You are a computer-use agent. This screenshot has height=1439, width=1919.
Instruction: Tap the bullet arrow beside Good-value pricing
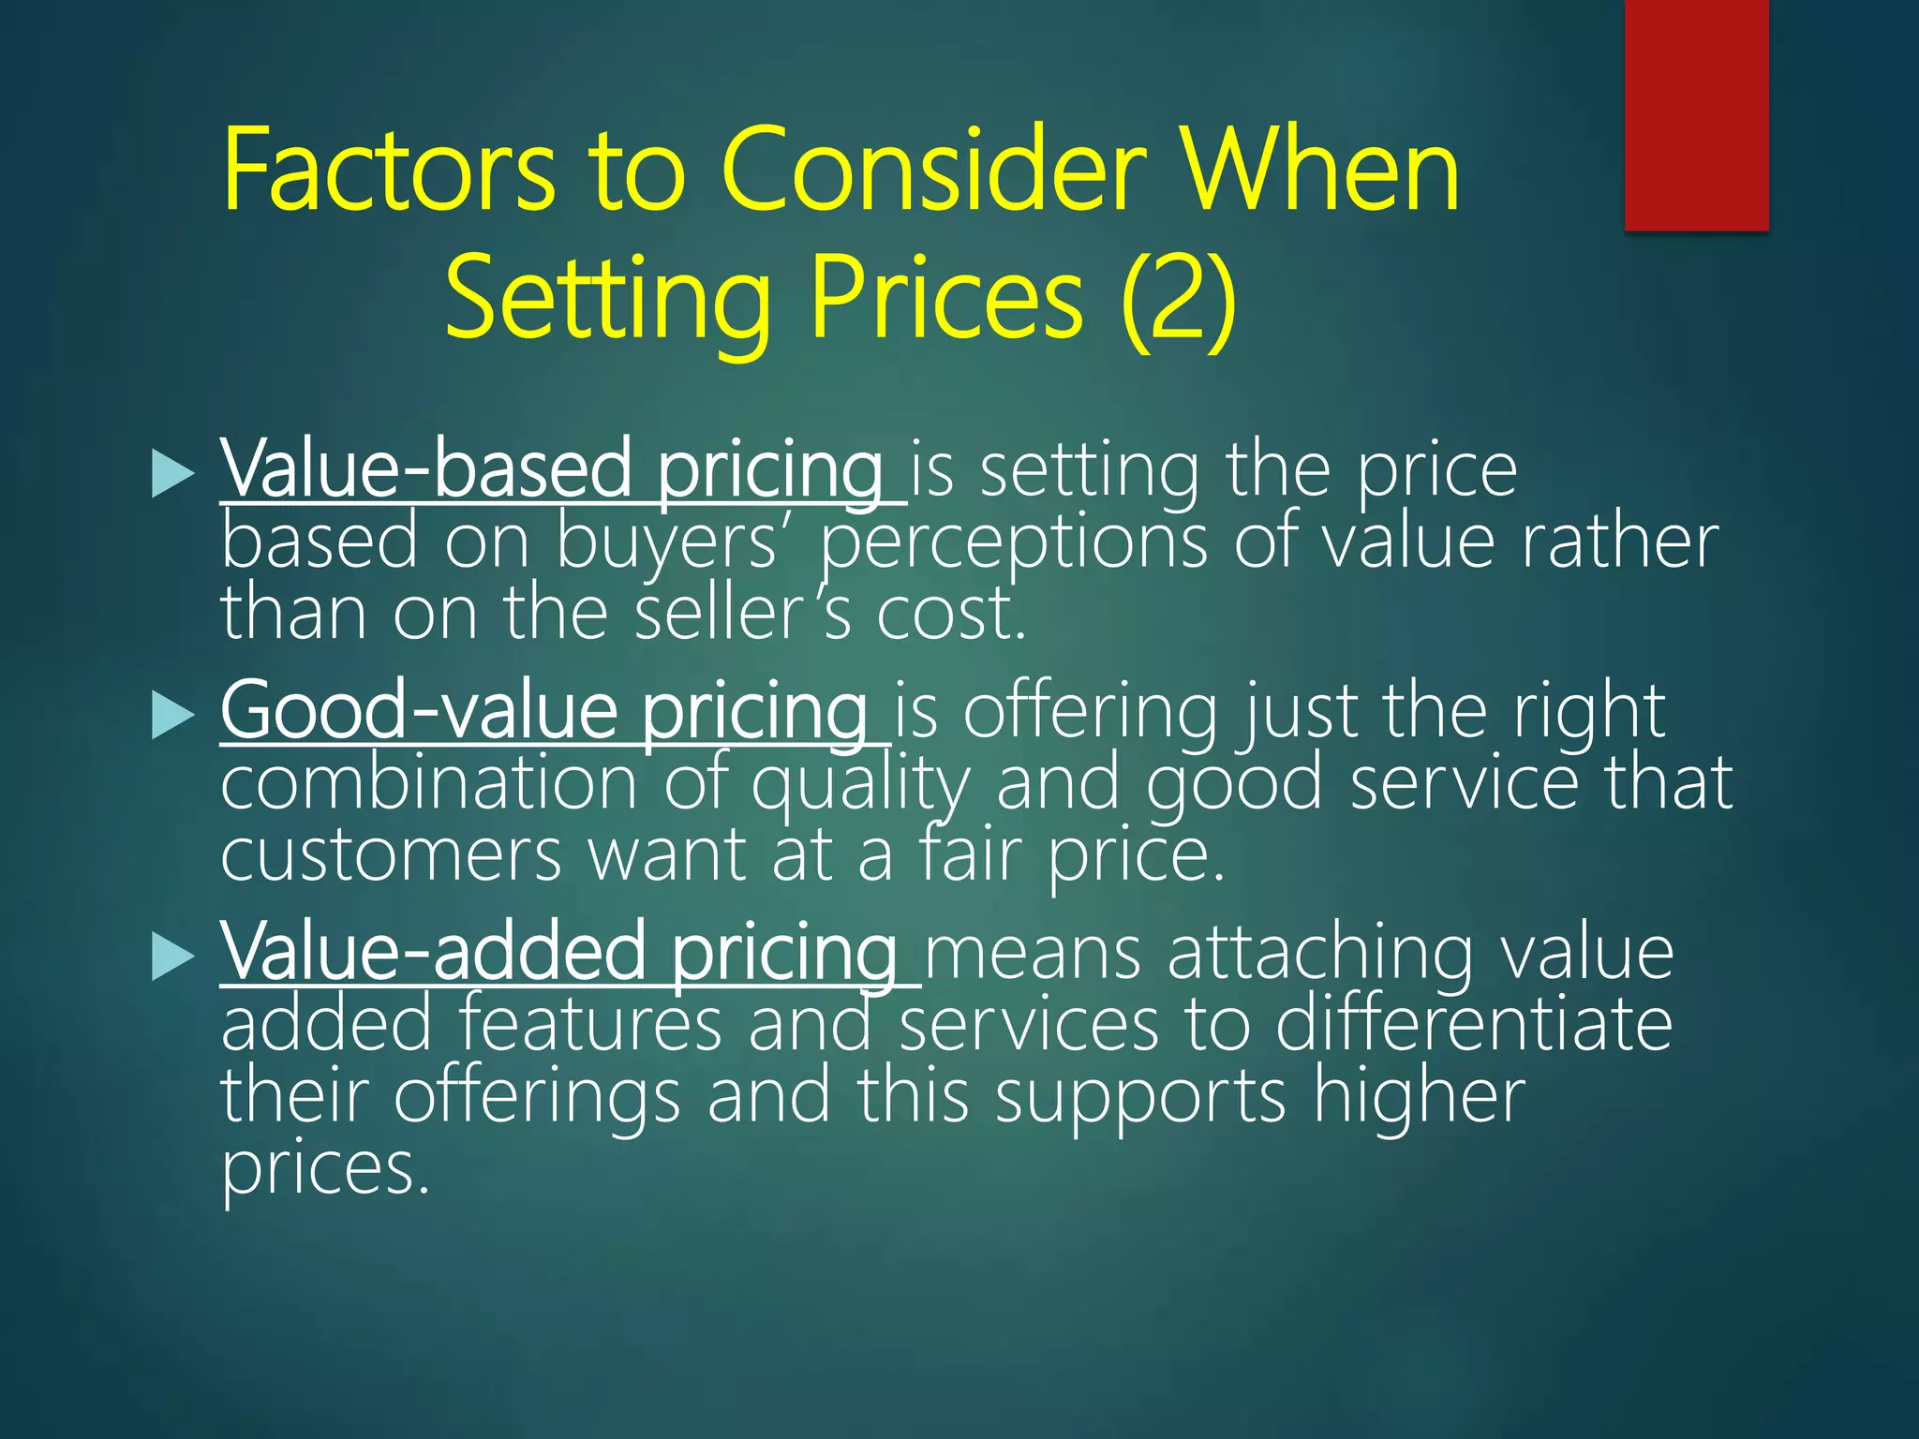pyautogui.click(x=172, y=716)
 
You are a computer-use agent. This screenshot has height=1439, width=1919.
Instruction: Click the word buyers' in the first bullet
pyautogui.click(x=667, y=543)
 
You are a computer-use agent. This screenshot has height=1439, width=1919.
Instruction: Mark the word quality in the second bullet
pyautogui.click(x=860, y=785)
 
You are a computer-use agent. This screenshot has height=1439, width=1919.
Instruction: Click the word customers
pyautogui.click(x=392, y=855)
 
